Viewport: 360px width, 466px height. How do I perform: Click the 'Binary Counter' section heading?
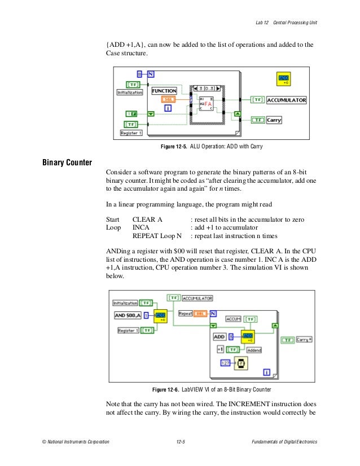tap(67, 164)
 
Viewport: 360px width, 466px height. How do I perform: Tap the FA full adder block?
tap(207, 104)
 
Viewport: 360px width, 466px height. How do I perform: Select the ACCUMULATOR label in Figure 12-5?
tap(287, 100)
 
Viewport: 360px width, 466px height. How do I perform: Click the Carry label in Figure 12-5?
tap(274, 120)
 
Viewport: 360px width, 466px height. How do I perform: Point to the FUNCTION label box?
tap(164, 90)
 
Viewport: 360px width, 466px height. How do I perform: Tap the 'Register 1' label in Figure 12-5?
tap(131, 133)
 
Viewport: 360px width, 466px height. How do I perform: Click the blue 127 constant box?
tap(225, 363)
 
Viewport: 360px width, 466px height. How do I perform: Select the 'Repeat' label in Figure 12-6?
tap(186, 312)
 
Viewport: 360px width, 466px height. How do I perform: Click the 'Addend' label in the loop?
tap(254, 350)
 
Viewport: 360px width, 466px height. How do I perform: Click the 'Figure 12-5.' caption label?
tap(175, 147)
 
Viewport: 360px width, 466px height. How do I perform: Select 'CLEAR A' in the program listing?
tap(147, 219)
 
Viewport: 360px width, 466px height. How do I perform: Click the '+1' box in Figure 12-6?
tap(221, 349)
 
